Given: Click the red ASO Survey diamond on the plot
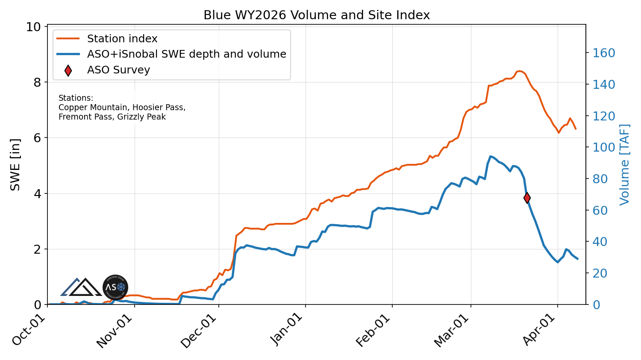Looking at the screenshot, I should click(x=527, y=198).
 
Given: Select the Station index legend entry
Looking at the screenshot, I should click(x=122, y=39).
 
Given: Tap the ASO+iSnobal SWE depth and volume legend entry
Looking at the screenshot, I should click(x=186, y=54).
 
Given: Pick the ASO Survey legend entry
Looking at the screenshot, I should click(x=118, y=70).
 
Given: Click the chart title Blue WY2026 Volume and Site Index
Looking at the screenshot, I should click(x=316, y=15).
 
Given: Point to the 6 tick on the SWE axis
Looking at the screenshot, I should click(x=38, y=138).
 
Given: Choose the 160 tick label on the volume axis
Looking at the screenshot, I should click(x=603, y=53).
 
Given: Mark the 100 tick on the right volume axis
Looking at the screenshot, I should click(x=603, y=148).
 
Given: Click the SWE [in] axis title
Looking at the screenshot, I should click(x=15, y=164).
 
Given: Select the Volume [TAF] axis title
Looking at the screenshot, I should click(x=625, y=164).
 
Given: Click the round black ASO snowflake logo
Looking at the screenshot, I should click(x=115, y=287).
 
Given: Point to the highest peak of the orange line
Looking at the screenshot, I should click(x=519, y=71).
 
